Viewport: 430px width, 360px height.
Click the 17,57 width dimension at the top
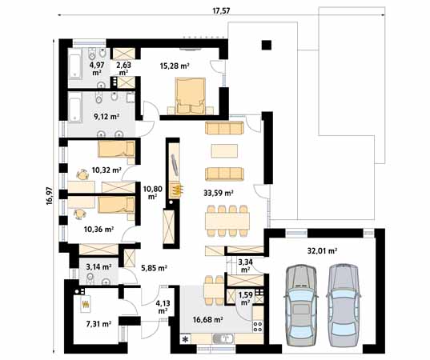[x=221, y=10]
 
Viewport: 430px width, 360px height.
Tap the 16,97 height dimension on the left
[x=50, y=196]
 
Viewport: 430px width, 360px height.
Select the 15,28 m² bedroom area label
[x=175, y=66]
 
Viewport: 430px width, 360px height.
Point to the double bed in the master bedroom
[x=191, y=96]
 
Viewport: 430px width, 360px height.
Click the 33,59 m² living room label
[x=219, y=193]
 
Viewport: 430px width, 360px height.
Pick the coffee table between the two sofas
[x=224, y=151]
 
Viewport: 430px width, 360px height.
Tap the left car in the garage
[x=301, y=306]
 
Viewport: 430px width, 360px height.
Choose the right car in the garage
[x=344, y=306]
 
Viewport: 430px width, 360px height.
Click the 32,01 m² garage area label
[x=322, y=250]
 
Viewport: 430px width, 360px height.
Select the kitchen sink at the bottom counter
[x=223, y=339]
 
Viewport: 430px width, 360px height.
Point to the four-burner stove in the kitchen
[x=258, y=326]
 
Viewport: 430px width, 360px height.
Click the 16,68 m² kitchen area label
[x=207, y=319]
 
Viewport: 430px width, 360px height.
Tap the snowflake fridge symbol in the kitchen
[x=186, y=339]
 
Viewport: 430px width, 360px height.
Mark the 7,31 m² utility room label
[x=98, y=324]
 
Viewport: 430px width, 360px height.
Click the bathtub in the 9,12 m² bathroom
[x=74, y=107]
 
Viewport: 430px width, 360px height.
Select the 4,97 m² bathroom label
[x=96, y=69]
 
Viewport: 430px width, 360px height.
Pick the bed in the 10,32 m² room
[x=117, y=150]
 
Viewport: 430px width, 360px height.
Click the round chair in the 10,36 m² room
[x=79, y=214]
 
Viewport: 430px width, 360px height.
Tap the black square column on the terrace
[x=267, y=46]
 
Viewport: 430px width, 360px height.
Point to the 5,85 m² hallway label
[x=154, y=268]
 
